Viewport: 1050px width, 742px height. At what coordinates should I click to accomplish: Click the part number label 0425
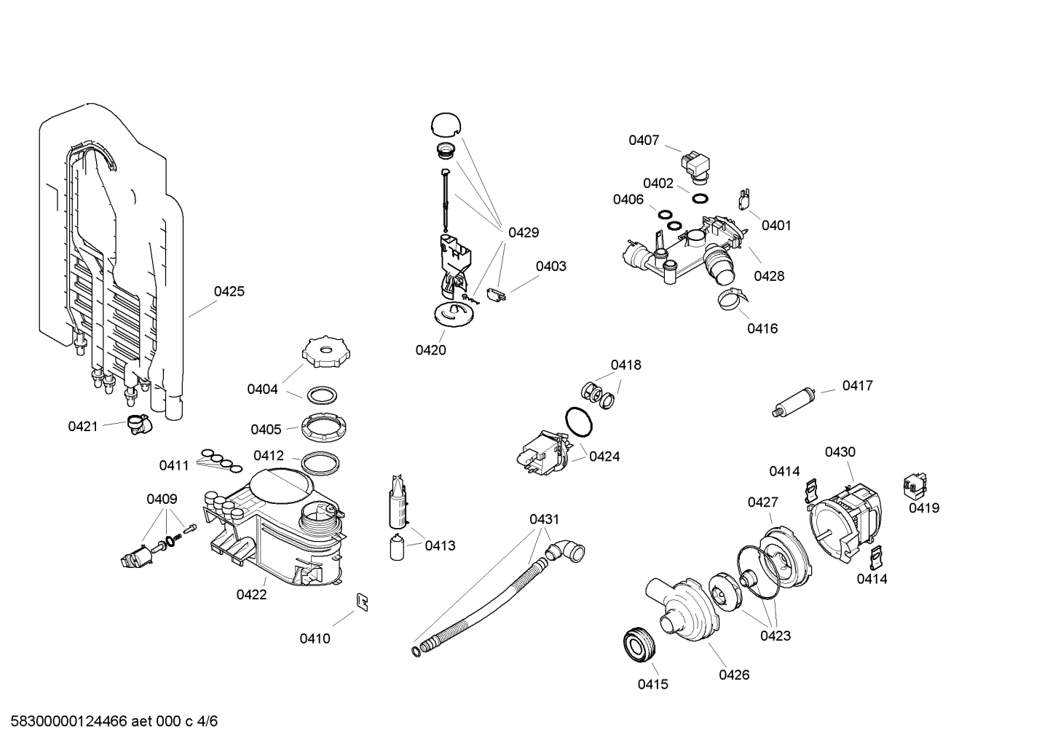click(x=229, y=291)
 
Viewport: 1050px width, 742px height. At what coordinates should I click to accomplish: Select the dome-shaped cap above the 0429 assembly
click(x=446, y=125)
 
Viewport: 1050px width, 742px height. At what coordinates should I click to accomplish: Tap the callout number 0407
click(x=644, y=140)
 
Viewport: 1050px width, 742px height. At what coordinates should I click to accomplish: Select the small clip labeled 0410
click(x=362, y=602)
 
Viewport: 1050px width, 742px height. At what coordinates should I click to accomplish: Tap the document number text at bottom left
click(x=109, y=722)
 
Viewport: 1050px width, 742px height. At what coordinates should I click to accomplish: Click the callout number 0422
click(x=251, y=594)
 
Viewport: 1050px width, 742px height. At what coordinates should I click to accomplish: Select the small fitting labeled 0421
click(x=136, y=424)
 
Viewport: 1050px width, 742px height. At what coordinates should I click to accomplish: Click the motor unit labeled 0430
click(x=847, y=518)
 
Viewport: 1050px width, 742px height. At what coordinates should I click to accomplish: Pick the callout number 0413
click(x=440, y=545)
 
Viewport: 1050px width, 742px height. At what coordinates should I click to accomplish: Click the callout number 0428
click(x=769, y=275)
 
